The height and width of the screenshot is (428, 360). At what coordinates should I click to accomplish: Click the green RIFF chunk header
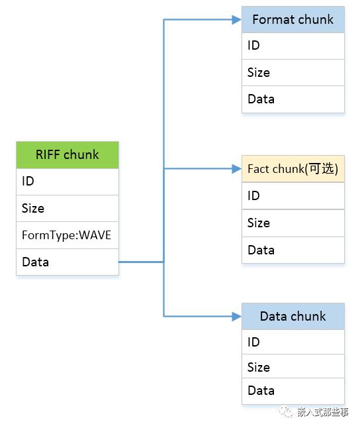tap(67, 155)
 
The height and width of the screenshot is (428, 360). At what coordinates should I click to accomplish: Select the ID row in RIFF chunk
tap(67, 182)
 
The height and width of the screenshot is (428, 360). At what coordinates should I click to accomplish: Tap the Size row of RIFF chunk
tap(67, 208)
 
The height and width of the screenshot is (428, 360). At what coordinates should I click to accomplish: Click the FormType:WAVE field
tap(67, 235)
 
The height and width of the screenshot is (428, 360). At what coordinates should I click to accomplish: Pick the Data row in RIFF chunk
tap(67, 262)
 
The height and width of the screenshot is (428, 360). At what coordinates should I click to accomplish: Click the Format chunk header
tap(293, 20)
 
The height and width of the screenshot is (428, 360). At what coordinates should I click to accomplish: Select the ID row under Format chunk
tap(293, 46)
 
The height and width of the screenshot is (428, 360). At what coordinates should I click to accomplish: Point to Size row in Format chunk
tap(293, 73)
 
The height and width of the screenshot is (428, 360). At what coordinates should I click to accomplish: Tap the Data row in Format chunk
tap(293, 99)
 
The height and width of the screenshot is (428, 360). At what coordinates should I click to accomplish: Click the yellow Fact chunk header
tap(293, 169)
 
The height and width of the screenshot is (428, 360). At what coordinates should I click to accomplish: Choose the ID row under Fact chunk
tap(293, 195)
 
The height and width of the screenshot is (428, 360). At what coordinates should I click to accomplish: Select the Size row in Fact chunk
tap(293, 223)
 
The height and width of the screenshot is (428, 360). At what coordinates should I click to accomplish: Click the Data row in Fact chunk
tap(293, 250)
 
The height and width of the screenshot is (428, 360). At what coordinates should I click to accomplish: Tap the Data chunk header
tap(293, 316)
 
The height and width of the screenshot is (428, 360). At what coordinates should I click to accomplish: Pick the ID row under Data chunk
tap(293, 342)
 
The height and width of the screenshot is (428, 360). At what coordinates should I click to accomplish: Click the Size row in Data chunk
tap(293, 366)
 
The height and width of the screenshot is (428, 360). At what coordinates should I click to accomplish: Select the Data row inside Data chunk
tap(293, 391)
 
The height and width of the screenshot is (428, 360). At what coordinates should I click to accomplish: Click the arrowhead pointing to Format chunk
tap(237, 20)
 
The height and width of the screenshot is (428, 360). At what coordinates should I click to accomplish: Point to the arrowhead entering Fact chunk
tap(237, 169)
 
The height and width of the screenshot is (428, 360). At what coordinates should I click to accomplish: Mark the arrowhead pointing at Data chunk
tap(237, 316)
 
